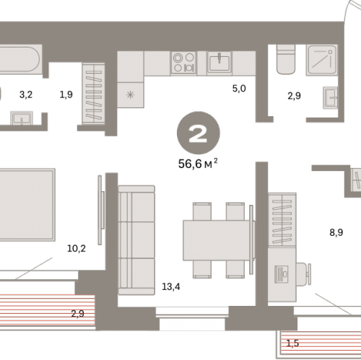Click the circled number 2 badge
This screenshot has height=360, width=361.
coord(199,133)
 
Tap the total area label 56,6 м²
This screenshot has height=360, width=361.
coord(198,164)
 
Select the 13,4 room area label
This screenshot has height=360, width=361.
coord(171,286)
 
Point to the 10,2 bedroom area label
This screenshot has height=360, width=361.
coord(77,248)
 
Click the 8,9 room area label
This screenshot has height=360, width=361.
coord(336,232)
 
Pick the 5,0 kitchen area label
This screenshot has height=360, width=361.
coord(239,89)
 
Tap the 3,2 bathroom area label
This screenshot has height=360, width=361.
coord(26,95)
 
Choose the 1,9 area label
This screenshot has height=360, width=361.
coord(66,95)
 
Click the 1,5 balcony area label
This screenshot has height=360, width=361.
coord(292,343)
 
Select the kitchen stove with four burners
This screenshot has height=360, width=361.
coord(183,63)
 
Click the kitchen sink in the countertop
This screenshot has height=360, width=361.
coord(219,63)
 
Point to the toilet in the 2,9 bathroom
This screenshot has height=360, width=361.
coord(286,59)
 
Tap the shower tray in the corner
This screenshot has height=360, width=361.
coord(322,60)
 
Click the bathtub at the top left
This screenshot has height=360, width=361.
coord(19,59)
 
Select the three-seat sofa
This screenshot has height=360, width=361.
coord(136,240)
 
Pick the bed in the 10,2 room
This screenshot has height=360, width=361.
coord(27,205)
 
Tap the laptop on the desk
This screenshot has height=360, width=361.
coord(282,274)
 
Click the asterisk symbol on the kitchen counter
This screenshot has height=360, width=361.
coord(130,95)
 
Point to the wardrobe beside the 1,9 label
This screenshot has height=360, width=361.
coord(93,94)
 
